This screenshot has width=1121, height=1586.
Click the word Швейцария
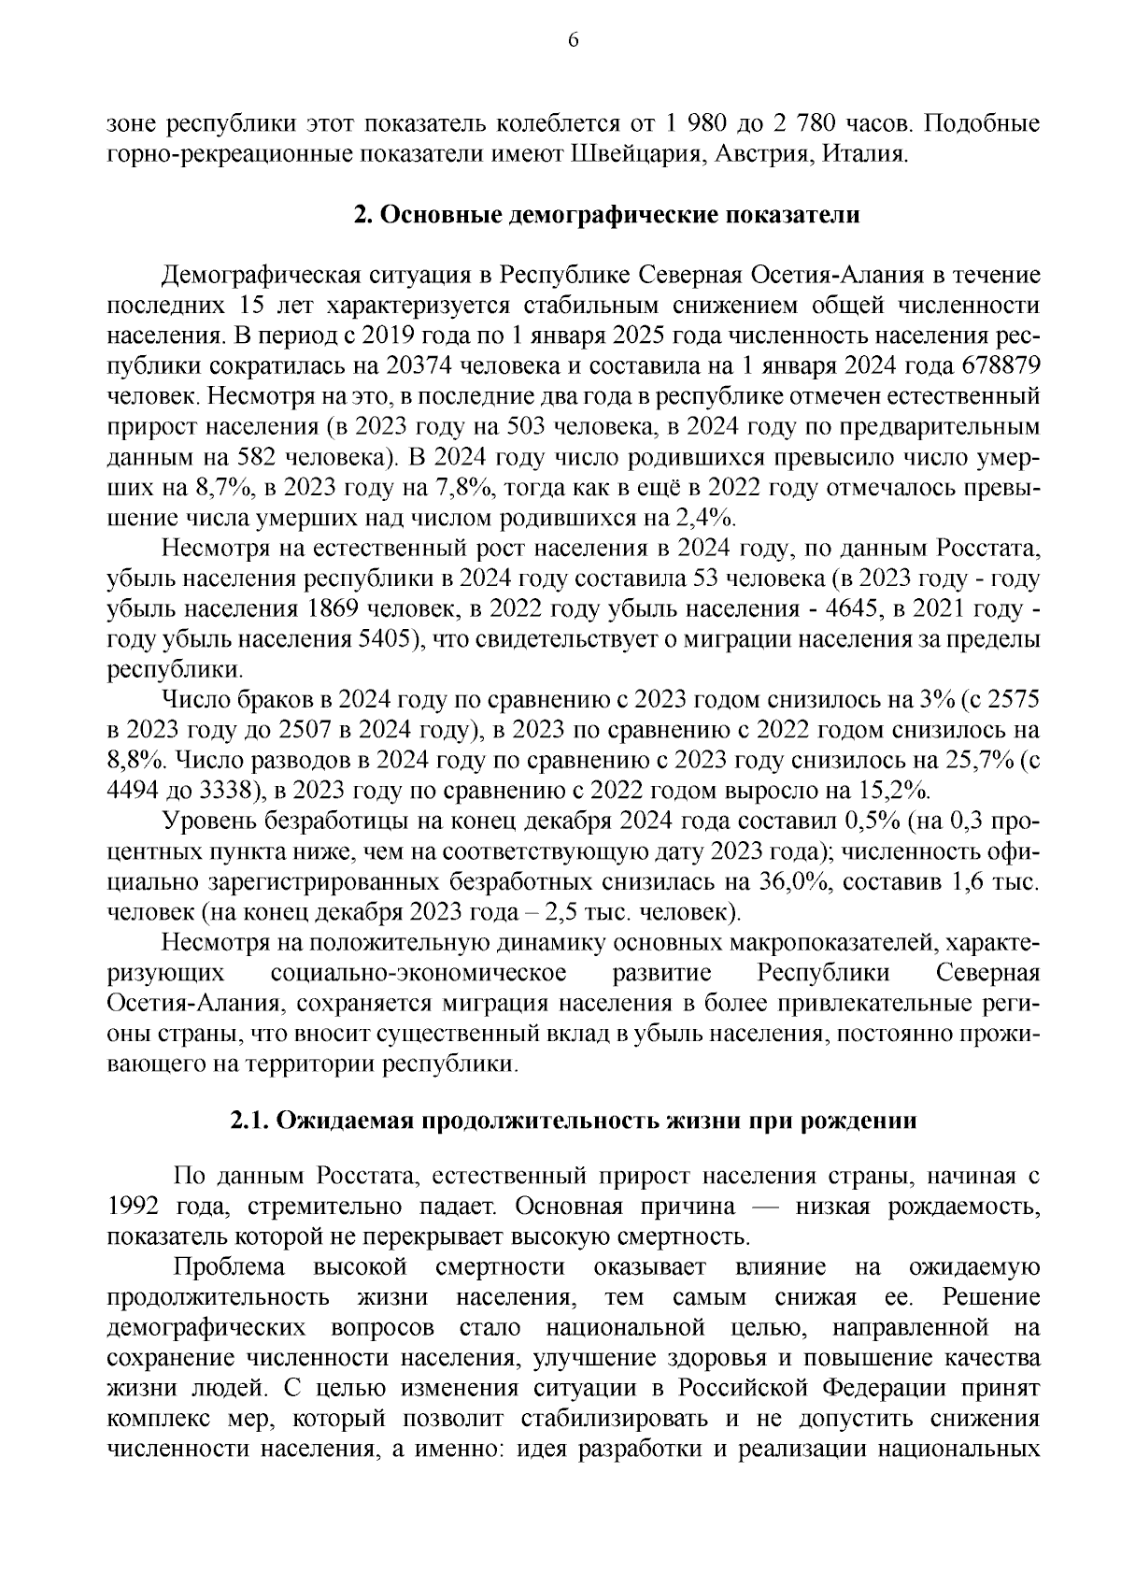click(x=634, y=153)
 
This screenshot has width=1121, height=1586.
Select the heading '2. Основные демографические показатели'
click(x=606, y=215)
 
